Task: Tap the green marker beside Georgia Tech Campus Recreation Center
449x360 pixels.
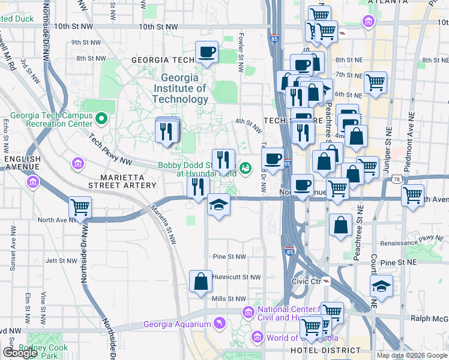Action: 101,119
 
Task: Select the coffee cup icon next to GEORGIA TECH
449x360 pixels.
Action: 206,53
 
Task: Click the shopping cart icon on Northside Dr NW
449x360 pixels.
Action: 80,208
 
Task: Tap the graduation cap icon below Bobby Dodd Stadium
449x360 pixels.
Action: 218,205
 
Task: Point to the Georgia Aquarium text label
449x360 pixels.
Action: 177,325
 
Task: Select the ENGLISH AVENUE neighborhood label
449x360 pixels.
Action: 23,163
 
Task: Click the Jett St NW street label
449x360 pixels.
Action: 61,261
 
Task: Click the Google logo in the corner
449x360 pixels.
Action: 20,353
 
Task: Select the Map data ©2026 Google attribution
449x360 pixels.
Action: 411,355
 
